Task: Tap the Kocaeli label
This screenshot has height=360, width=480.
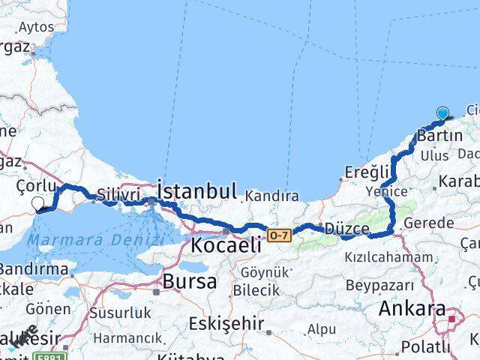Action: pos(226,244)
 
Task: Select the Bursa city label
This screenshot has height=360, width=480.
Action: pos(190,282)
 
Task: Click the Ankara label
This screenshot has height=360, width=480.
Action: pos(412,308)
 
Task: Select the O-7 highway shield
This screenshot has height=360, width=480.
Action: pos(278,235)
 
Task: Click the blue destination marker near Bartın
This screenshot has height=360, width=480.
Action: pos(442,114)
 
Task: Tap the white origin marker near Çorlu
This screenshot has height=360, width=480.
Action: pos(38,202)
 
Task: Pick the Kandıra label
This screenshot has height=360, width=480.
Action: pos(269,196)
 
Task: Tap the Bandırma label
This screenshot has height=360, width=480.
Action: pos(34,268)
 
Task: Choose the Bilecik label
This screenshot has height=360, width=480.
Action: pos(256,289)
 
